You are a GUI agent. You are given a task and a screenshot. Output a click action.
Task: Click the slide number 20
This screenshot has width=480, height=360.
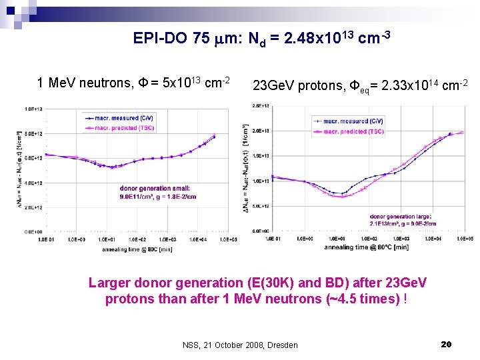[447, 344]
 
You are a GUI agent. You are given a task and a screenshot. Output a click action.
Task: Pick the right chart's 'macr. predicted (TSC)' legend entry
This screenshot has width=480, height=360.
[353, 132]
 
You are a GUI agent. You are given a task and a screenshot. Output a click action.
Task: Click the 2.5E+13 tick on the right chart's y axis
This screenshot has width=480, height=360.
[261, 105]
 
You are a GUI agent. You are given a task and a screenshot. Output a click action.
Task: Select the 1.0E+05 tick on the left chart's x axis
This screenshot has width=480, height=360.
[228, 238]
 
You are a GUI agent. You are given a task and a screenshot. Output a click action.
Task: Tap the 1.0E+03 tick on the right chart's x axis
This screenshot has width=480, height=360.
[401, 238]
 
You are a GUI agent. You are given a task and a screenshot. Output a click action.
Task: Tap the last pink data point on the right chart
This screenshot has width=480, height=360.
[461, 133]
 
